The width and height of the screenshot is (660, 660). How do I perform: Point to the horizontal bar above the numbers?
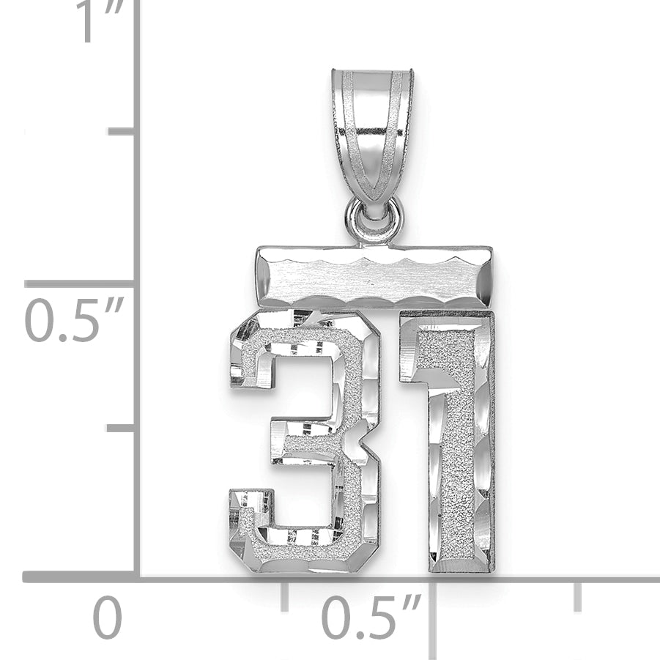374,278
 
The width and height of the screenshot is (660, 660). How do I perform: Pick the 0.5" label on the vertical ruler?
75,320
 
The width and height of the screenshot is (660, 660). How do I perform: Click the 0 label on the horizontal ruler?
108,617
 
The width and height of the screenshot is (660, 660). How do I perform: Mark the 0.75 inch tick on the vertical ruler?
121,132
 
